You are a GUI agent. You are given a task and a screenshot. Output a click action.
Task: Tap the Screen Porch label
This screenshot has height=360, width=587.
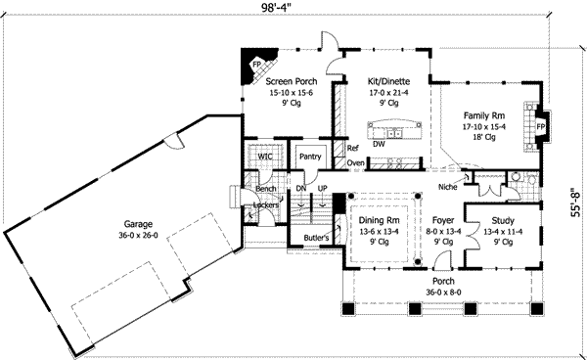[290, 82]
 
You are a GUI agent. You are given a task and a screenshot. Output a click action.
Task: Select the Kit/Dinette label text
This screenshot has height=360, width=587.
[388, 82]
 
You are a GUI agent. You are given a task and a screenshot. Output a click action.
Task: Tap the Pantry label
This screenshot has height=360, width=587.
[311, 156]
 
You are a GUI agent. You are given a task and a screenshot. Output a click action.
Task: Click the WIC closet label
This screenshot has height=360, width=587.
[265, 157]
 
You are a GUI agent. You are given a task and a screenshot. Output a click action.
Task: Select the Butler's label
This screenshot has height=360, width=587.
[315, 238]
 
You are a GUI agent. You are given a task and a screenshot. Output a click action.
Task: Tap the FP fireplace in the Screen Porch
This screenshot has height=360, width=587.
[256, 66]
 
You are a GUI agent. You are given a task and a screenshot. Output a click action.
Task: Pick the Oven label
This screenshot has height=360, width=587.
[355, 162]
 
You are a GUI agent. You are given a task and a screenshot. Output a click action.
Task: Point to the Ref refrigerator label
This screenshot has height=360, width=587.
[352, 149]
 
